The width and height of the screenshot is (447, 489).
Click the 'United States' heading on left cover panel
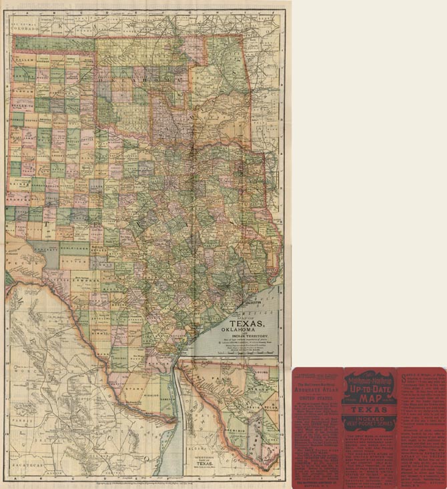316,399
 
